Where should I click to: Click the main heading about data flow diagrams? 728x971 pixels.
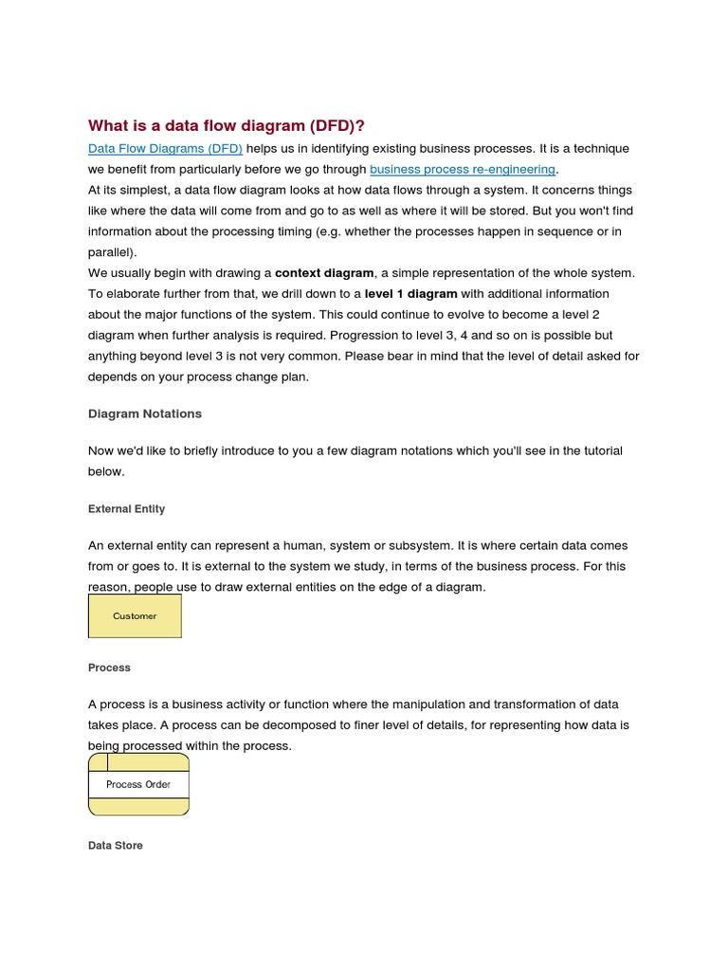pyautogui.click(x=226, y=125)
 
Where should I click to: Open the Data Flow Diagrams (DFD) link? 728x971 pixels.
pyautogui.click(x=165, y=149)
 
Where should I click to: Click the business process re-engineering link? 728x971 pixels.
pyautogui.click(x=462, y=170)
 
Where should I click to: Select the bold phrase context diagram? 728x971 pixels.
pyautogui.click(x=324, y=273)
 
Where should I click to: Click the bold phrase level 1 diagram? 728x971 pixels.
pyautogui.click(x=410, y=294)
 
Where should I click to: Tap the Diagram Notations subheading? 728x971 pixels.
pyautogui.click(x=144, y=413)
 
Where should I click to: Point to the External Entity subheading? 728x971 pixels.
pyautogui.click(x=126, y=509)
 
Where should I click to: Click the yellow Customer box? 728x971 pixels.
pyautogui.click(x=135, y=616)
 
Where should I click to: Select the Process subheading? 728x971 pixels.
pyautogui.click(x=109, y=668)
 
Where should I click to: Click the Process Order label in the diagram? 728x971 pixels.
pyautogui.click(x=138, y=785)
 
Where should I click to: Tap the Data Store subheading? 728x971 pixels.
pyautogui.click(x=115, y=845)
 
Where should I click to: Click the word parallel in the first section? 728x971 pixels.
pyautogui.click(x=110, y=252)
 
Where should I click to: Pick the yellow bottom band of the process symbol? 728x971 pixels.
pyautogui.click(x=138, y=807)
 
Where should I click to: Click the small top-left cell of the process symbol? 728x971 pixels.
pyautogui.click(x=98, y=762)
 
